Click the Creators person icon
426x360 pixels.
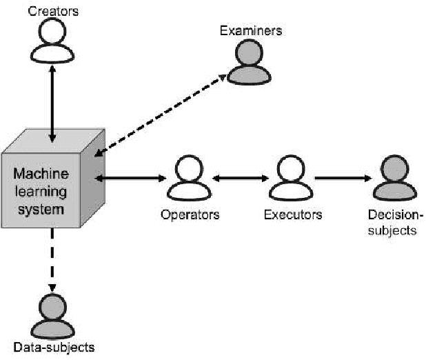52,41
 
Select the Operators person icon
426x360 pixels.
190,178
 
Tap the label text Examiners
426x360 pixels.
250,30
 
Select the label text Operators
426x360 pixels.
190,214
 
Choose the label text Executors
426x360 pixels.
292,214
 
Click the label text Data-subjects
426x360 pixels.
53,347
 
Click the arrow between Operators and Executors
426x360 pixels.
241,179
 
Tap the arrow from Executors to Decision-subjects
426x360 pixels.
343,179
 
